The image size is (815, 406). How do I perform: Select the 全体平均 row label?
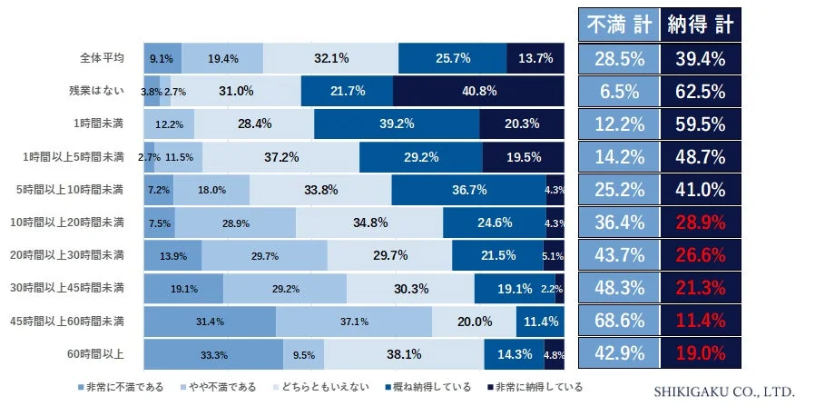[102, 58]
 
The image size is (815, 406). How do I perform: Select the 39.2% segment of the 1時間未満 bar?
[397, 124]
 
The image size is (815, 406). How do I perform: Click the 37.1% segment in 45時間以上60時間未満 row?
[354, 322]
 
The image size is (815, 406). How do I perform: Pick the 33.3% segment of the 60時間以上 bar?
[213, 354]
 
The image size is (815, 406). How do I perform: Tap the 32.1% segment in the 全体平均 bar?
[331, 58]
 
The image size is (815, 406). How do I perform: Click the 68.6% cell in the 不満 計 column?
[619, 322]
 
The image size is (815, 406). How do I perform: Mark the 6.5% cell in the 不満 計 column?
[619, 91]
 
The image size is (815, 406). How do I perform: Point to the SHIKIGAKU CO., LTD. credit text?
[724, 391]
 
